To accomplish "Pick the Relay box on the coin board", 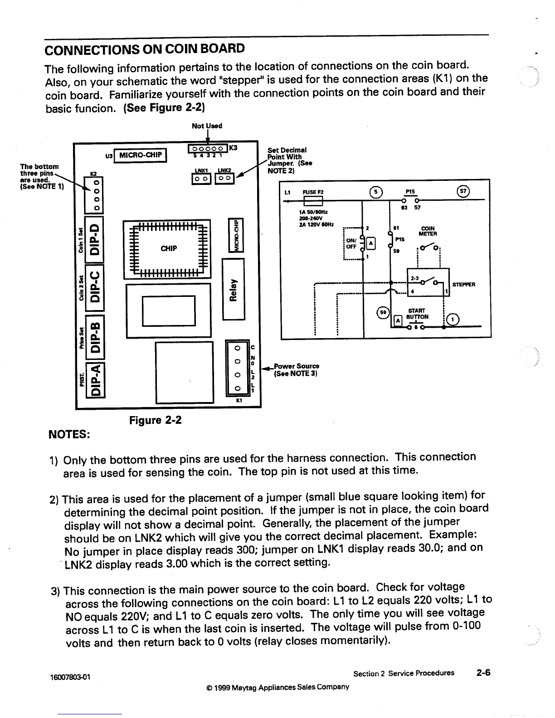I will click(x=233, y=289).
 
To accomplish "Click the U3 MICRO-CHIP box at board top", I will click(x=140, y=155).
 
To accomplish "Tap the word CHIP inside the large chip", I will click(x=169, y=248).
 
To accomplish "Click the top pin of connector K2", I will click(x=96, y=182).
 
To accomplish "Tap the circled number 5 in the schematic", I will click(x=377, y=191).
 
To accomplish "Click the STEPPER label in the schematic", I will click(x=463, y=285).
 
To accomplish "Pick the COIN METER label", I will click(x=428, y=231).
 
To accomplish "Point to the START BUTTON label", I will click(x=416, y=314).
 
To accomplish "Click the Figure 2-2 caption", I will click(x=156, y=420).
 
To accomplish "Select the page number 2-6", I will click(x=483, y=673).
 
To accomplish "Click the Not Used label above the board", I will click(x=207, y=126).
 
